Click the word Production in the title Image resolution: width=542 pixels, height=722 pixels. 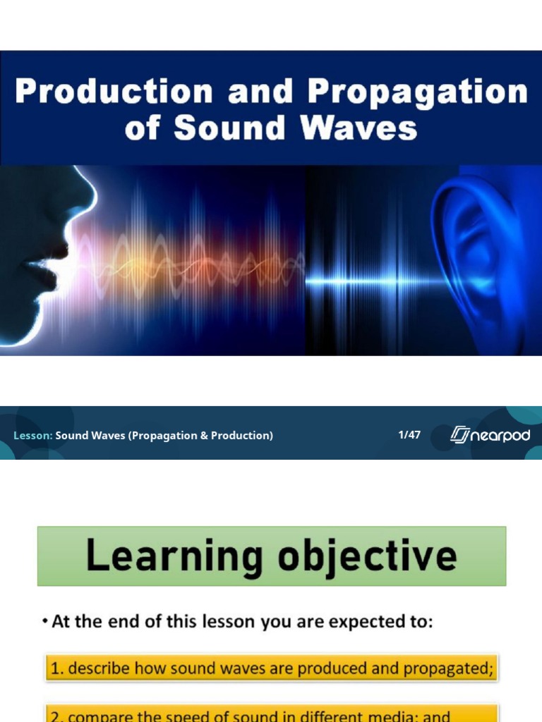[114, 92]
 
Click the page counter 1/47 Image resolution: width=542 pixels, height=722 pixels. [409, 434]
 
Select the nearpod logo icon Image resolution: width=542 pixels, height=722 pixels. [460, 435]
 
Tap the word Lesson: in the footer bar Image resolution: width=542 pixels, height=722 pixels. [33, 436]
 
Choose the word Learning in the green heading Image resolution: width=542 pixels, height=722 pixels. [176, 557]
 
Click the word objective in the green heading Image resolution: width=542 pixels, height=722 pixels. [366, 557]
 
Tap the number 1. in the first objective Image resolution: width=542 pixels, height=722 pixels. [56, 668]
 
